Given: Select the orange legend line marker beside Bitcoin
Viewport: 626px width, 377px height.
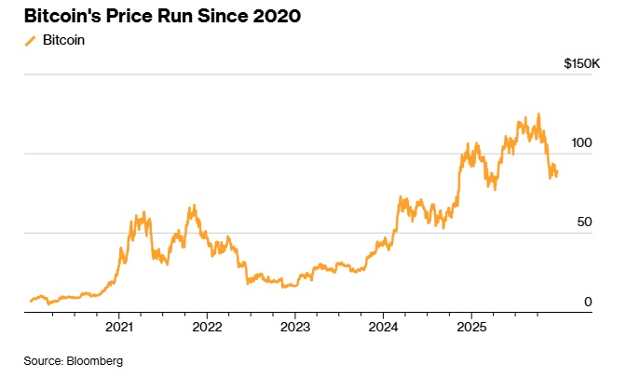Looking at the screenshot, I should (30, 41).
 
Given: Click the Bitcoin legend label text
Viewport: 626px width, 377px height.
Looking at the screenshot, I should (63, 41).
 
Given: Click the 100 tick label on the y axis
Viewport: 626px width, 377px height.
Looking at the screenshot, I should (580, 143).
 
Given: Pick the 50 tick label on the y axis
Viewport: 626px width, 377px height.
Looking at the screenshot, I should (584, 223).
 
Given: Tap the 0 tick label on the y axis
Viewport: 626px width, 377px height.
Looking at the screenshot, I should (588, 303).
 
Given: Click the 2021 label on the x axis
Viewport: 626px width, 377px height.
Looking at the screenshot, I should (119, 328).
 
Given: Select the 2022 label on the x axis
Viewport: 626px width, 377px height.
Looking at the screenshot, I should (207, 328).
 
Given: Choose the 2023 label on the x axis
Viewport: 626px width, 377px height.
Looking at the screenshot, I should (295, 328).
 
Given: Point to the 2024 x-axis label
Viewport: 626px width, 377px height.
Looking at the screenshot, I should (384, 328).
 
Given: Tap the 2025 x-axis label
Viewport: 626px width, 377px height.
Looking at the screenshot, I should (471, 328).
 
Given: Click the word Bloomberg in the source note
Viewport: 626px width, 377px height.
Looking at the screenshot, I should (95, 360).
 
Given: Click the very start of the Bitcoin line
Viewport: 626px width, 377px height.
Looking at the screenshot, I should (31, 301).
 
